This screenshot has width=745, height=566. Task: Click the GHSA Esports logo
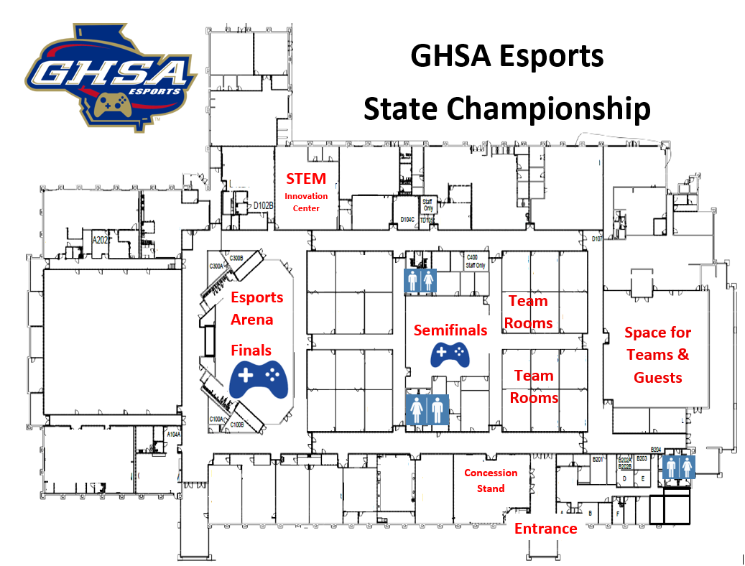coord(111,77)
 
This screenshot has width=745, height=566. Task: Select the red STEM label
coord(306,179)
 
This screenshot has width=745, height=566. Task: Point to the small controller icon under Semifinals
coord(449,354)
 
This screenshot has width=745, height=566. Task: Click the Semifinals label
coord(450,330)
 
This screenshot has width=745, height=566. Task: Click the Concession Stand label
coord(491,481)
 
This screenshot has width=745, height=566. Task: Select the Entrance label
coord(545,529)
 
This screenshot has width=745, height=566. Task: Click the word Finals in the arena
coord(251,351)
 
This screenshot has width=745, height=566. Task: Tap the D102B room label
coord(264,205)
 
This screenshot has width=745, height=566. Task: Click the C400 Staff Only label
coord(476,261)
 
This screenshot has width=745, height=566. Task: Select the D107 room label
coord(596,238)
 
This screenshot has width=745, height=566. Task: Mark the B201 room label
coord(596,459)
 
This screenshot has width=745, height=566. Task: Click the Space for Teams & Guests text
coord(657,355)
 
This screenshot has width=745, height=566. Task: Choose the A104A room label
coord(173,435)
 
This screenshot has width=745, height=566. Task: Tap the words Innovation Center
coord(306,202)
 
